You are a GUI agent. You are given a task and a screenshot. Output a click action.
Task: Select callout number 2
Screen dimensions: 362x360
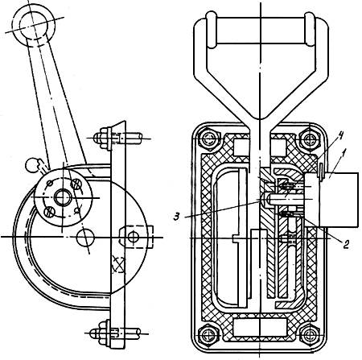(x=346, y=243)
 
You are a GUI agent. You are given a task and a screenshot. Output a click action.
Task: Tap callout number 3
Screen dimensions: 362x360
(x=176, y=217)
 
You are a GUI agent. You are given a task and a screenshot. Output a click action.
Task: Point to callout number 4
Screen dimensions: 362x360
(x=332, y=137)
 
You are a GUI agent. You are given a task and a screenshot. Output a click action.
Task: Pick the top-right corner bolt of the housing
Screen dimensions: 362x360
(x=311, y=139)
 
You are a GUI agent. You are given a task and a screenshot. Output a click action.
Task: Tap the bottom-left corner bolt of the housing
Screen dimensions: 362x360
(x=208, y=335)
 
